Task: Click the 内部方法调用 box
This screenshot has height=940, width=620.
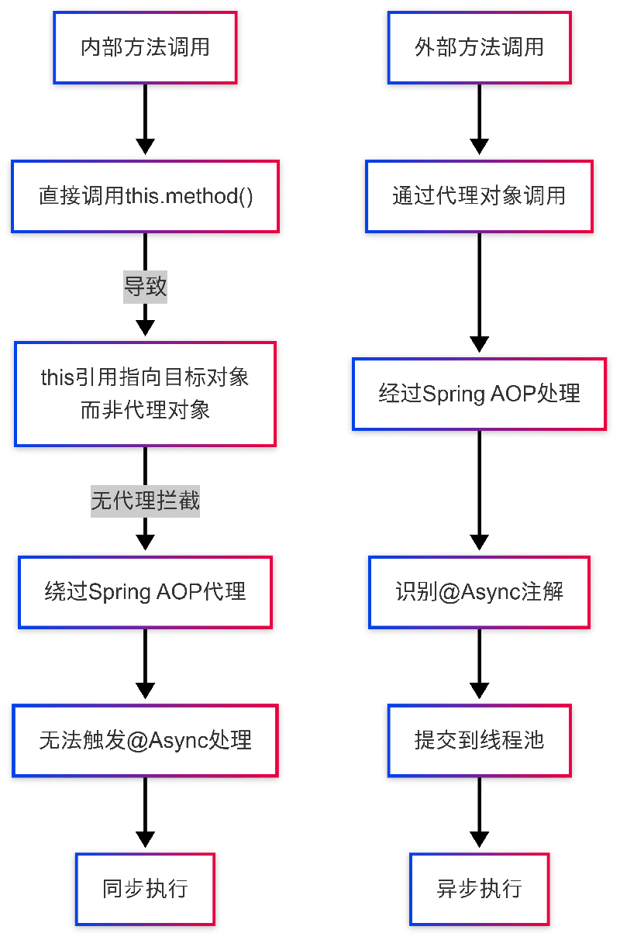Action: pos(145,47)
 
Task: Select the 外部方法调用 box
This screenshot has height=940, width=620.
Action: pos(479,47)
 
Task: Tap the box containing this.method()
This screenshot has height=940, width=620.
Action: pos(145,196)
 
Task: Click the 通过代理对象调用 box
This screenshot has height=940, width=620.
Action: pos(479,196)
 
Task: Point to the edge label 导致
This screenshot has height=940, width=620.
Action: pos(145,287)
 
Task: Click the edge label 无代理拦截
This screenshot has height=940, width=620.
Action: pos(145,501)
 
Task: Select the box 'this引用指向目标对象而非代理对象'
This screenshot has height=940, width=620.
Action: pos(145,394)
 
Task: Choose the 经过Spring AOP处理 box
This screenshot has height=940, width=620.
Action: pos(479,394)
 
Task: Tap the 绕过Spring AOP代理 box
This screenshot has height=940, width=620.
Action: pos(145,592)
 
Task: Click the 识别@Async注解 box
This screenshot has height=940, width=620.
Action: pos(479,592)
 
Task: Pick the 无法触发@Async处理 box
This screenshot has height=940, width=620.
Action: pos(145,740)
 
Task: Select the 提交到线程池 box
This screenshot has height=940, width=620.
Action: pos(479,740)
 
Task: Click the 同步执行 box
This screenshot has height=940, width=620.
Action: pos(145,888)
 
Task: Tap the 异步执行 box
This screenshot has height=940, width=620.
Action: pos(479,888)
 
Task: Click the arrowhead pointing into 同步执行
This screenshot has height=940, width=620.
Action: pos(145,840)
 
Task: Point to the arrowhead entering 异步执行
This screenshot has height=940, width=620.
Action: pos(479,840)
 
